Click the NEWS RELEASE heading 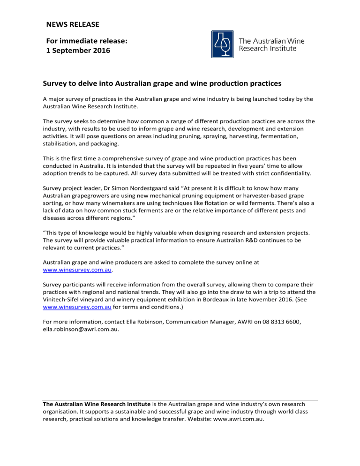72,23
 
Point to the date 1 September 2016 78,51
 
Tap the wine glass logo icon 223,44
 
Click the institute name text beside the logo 271,45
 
